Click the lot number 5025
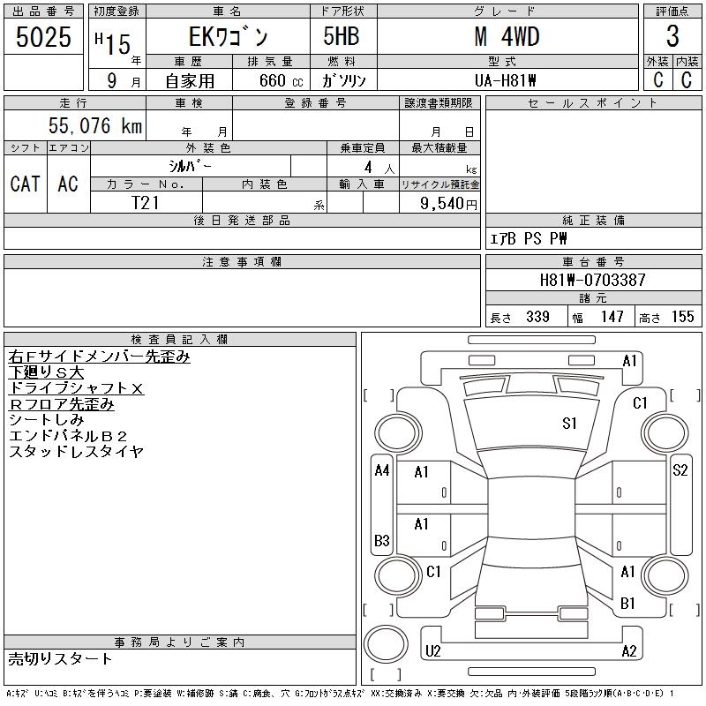coord(43,37)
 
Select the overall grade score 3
coord(672,37)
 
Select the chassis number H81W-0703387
coord(593,280)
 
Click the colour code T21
coord(146,202)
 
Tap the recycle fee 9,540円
coord(450,202)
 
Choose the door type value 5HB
coord(336,37)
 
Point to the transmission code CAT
coord(25,184)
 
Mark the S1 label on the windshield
coord(569,424)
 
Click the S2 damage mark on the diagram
coord(680,470)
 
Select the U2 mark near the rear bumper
coord(432,651)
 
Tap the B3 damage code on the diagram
coord(382,540)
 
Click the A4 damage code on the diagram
coord(382,470)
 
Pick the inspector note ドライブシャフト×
coord(77,388)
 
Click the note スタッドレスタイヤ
coord(77,452)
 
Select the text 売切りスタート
coord(61,658)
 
